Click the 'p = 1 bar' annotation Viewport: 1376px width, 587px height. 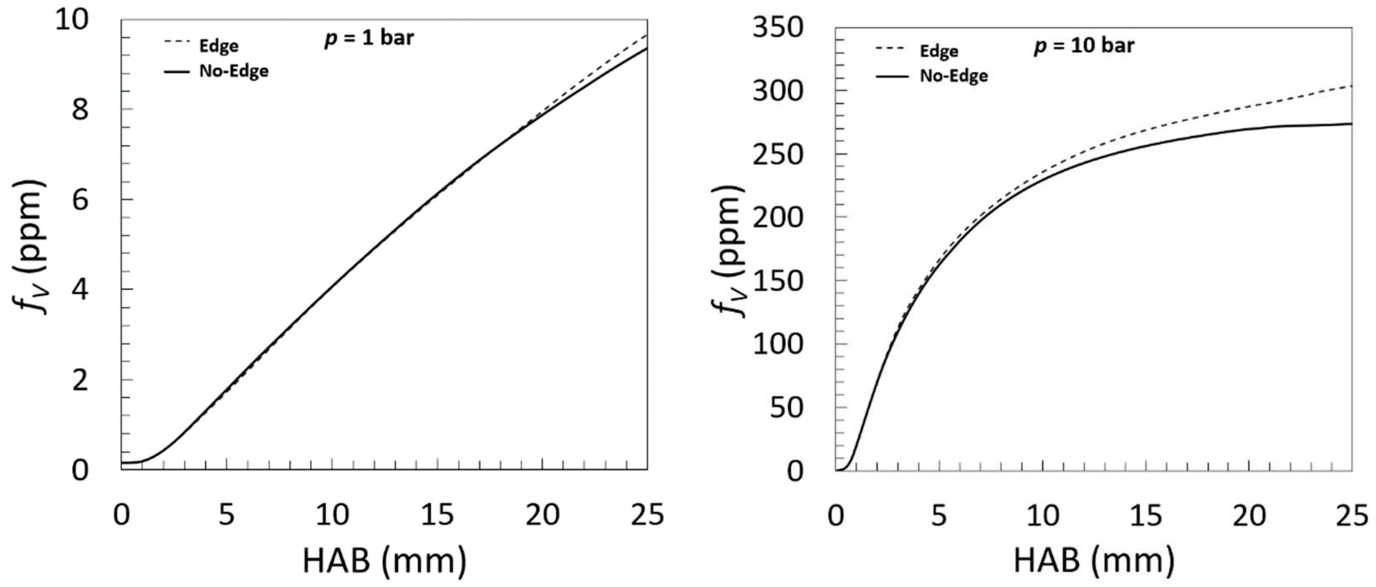click(x=369, y=39)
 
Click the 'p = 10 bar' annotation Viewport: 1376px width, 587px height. click(x=1084, y=46)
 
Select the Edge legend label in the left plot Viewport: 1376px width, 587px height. click(x=218, y=46)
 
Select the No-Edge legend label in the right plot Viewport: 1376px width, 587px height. click(x=953, y=76)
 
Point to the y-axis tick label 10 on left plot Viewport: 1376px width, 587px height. click(x=71, y=20)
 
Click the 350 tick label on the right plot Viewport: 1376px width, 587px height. click(x=778, y=28)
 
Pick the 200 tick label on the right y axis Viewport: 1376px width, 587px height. click(x=778, y=218)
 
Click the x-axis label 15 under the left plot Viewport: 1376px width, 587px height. click(x=437, y=515)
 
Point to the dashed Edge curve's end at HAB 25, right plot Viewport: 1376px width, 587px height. click(x=1350, y=86)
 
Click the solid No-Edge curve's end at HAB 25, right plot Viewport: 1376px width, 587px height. click(x=1350, y=124)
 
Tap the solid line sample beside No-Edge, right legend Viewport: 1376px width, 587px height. click(x=892, y=76)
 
